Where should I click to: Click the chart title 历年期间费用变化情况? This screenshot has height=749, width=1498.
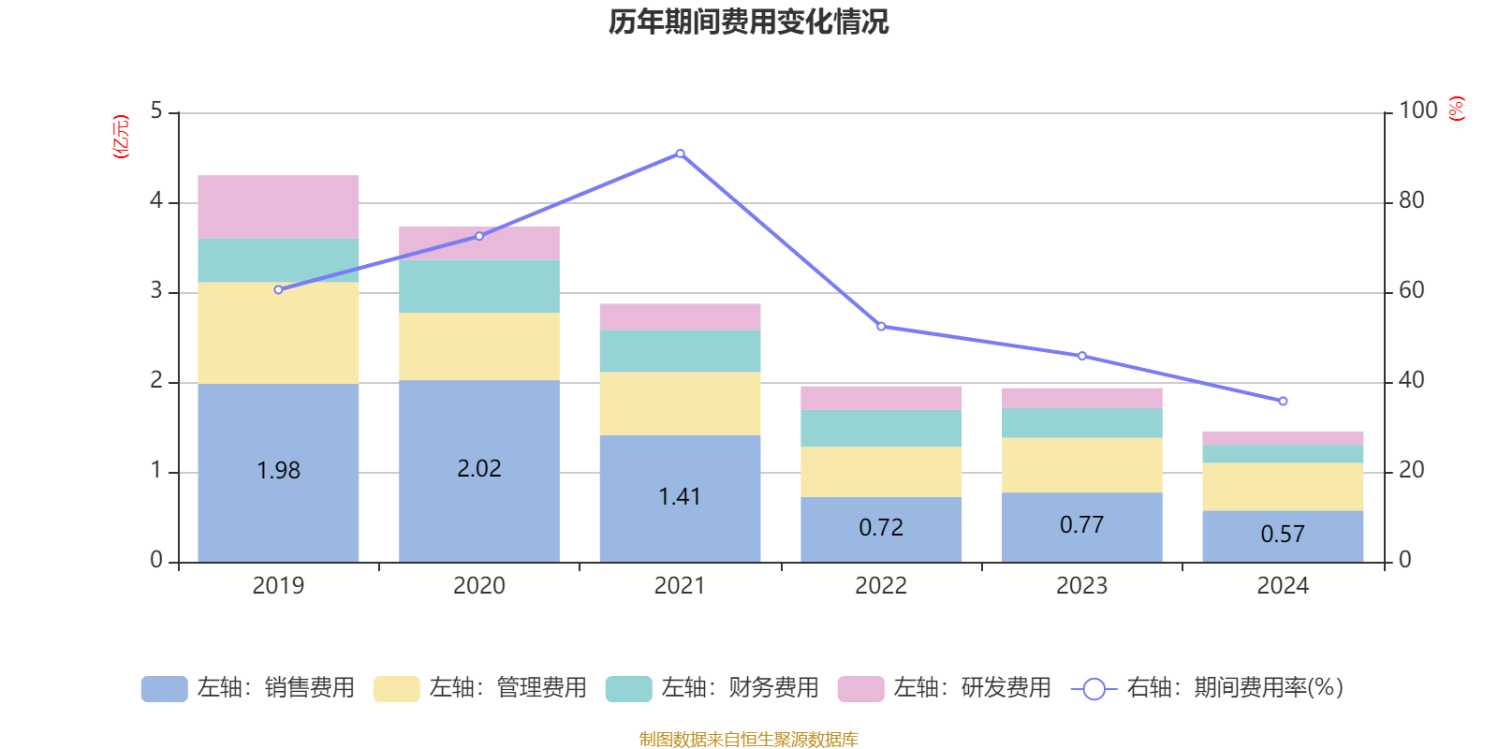(x=748, y=22)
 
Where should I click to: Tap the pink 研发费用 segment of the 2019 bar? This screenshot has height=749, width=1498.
(x=278, y=206)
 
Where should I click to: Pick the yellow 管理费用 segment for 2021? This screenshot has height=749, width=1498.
(x=680, y=404)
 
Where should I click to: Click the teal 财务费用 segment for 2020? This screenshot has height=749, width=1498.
(x=478, y=286)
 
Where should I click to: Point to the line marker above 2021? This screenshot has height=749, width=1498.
(x=680, y=154)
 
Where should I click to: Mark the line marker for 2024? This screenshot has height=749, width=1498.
(x=1283, y=401)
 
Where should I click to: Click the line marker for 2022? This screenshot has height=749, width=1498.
(x=881, y=327)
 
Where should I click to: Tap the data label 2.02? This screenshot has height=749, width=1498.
(x=478, y=468)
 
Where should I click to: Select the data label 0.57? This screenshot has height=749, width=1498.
(x=1283, y=535)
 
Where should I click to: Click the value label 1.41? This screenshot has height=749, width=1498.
(x=680, y=496)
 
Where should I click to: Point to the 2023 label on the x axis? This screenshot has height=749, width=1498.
(x=1081, y=586)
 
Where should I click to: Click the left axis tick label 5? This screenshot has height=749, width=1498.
(x=156, y=111)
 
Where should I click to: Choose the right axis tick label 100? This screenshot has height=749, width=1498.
(x=1417, y=110)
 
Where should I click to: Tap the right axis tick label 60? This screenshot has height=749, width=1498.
(x=1411, y=290)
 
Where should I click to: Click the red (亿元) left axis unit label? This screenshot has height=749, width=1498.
(x=121, y=137)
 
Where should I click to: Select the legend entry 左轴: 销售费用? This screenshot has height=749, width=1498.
(x=248, y=688)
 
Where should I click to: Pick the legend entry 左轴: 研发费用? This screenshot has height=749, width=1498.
(x=945, y=688)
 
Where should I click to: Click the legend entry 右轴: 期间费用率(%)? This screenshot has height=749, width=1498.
(x=1208, y=688)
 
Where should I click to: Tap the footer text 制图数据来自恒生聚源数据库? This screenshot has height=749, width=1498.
(x=748, y=740)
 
